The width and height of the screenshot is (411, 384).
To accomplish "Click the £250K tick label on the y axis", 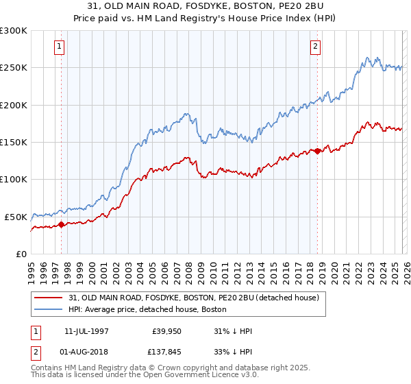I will pyautogui.click(x=13, y=68).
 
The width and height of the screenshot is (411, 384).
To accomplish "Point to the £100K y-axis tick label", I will pyautogui.click(x=13, y=179).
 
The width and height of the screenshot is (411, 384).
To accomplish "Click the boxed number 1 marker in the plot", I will pyautogui.click(x=60, y=47).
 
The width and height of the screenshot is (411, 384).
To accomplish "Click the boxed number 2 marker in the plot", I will pyautogui.click(x=315, y=47).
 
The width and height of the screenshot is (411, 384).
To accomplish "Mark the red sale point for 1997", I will pyautogui.click(x=61, y=224).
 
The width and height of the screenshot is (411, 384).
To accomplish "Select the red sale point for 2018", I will pyautogui.click(x=318, y=152).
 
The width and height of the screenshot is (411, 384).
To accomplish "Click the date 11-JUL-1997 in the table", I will pyautogui.click(x=90, y=331).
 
